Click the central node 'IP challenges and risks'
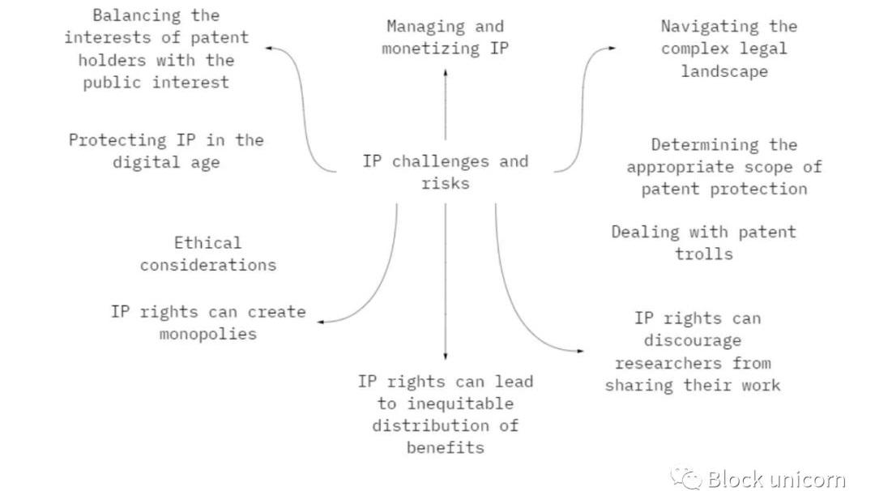click(x=445, y=172)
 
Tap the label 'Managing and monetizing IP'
click(x=445, y=37)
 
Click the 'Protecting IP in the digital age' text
click(x=166, y=151)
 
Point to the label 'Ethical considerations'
click(x=208, y=254)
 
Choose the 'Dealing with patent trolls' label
click(x=703, y=243)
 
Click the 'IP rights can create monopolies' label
click(x=208, y=322)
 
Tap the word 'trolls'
click(x=703, y=254)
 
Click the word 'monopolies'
click(x=208, y=334)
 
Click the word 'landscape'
click(x=723, y=71)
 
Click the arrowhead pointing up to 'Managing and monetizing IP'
click(x=445, y=72)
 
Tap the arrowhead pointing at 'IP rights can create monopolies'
click(x=321, y=322)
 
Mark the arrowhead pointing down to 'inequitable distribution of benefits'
click(x=445, y=357)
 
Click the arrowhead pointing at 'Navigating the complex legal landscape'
click(x=611, y=49)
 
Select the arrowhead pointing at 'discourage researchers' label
click(x=579, y=351)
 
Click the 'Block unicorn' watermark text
click(x=775, y=479)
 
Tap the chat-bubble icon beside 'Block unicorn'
click(x=689, y=479)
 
